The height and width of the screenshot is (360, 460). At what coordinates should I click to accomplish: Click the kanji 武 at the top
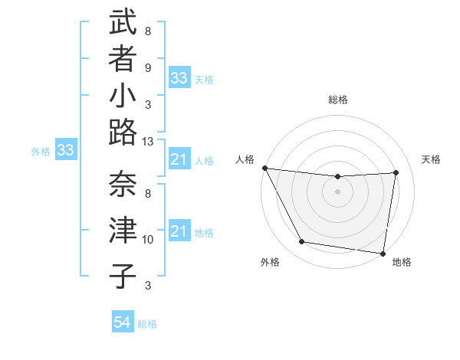tap(123, 25)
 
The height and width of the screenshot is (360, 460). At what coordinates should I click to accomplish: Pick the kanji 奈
tap(123, 184)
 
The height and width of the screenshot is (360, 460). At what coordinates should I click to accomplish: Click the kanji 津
tap(123, 231)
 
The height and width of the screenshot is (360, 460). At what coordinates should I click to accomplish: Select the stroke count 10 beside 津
tap(148, 240)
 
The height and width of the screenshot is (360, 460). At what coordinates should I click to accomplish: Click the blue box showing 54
tap(122, 323)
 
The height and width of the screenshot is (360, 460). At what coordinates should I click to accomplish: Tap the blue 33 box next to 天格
tap(179, 78)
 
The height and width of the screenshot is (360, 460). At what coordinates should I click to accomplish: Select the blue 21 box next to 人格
tap(179, 159)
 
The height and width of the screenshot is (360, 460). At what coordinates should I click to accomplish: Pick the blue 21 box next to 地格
tap(179, 231)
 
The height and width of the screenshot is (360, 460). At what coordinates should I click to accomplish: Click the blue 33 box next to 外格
tap(66, 150)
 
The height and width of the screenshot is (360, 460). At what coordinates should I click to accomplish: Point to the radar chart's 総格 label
tap(337, 100)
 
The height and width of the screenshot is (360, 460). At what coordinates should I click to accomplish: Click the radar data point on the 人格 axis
tap(264, 168)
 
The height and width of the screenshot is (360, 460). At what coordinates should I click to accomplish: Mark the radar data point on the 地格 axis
tap(383, 253)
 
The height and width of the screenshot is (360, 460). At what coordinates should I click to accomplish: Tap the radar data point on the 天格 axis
tap(396, 172)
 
